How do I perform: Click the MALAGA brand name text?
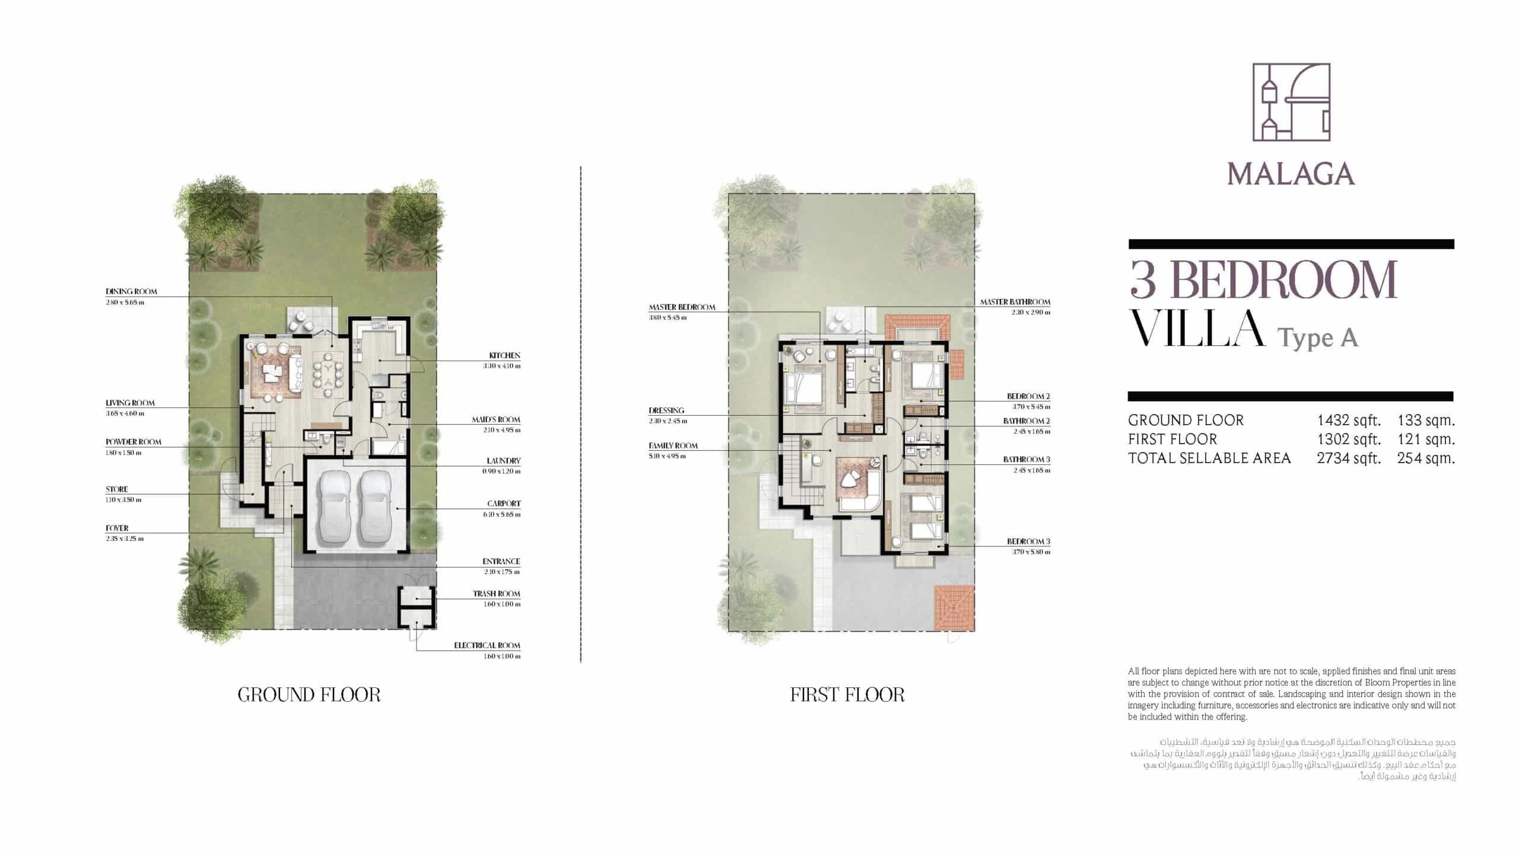pos(1291,174)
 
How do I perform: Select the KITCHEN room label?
pos(504,356)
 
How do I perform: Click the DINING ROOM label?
pos(131,292)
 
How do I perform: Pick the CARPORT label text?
pos(504,504)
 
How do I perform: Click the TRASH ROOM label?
pos(496,594)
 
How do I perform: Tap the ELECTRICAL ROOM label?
pos(487,645)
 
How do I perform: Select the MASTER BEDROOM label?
pos(682,307)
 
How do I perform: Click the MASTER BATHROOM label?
pos(1015,302)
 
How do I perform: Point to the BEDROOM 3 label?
pos(1028,541)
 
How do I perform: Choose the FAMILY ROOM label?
pos(673,445)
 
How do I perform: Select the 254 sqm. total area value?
pos(1426,458)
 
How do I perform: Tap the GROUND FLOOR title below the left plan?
pos(309,694)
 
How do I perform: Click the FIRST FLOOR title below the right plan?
pos(847,694)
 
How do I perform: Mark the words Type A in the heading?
pos(1317,337)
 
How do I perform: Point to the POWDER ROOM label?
pos(133,442)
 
